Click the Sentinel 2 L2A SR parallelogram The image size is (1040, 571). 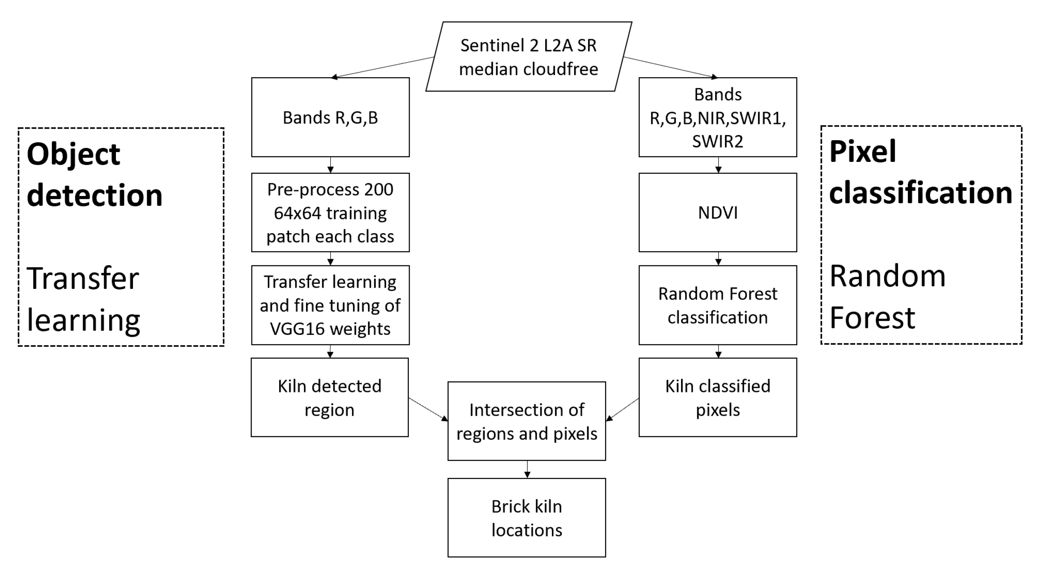[x=529, y=57]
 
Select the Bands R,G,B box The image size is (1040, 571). [x=330, y=117]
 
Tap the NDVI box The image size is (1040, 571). [x=717, y=212]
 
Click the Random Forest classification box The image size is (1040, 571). [x=717, y=305]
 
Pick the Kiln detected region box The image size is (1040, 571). [x=329, y=397]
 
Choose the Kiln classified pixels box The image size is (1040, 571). [x=717, y=397]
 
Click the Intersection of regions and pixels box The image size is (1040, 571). [x=526, y=421]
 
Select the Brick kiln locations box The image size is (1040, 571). [x=526, y=517]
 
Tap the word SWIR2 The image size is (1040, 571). [x=717, y=141]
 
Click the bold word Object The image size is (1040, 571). [x=73, y=154]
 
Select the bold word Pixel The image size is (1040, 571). [x=863, y=152]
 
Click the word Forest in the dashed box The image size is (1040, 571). [x=872, y=317]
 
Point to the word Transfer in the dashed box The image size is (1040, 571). [x=83, y=278]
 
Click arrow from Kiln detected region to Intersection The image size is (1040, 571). [x=428, y=410]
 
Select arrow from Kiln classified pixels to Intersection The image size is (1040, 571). [x=622, y=410]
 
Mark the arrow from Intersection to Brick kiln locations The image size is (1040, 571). [x=527, y=469]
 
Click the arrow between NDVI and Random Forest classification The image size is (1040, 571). [x=718, y=259]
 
